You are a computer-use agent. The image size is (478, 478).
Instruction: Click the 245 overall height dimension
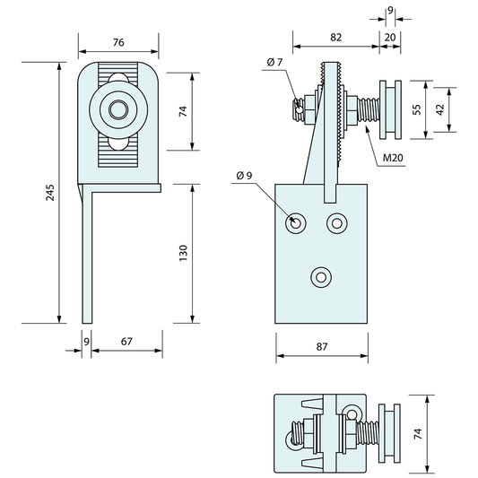50,192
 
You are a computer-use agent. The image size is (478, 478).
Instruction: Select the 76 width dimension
118,41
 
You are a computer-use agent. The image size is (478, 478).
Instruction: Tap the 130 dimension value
184,254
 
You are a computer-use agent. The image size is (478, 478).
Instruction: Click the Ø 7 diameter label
274,62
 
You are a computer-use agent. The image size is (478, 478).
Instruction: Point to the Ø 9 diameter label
243,174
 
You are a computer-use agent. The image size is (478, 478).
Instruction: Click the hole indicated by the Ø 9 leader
295,222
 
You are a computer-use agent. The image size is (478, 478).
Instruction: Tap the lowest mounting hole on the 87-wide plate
319,278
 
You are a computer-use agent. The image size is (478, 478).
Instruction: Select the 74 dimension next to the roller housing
184,112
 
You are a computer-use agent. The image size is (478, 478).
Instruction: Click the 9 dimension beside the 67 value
85,341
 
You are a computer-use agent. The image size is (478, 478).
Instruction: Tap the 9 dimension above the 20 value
389,12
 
